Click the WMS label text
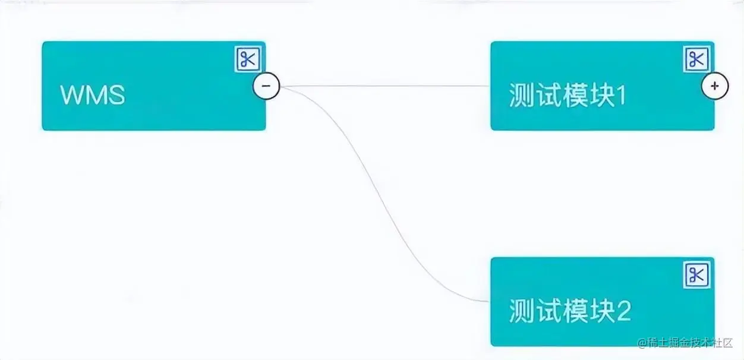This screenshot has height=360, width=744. (93, 95)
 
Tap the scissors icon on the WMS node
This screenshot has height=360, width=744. (248, 59)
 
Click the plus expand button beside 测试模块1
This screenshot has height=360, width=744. (715, 86)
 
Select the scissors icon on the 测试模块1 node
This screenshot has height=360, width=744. (696, 59)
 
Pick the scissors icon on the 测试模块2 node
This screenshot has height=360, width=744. (696, 275)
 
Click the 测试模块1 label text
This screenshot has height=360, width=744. (568, 96)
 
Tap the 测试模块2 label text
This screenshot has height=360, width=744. (570, 311)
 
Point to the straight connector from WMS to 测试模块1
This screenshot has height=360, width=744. (386, 86)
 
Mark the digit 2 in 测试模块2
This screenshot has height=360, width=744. (623, 311)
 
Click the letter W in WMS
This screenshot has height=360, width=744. (72, 95)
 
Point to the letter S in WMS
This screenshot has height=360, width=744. (116, 95)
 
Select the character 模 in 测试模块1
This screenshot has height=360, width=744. (574, 96)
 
